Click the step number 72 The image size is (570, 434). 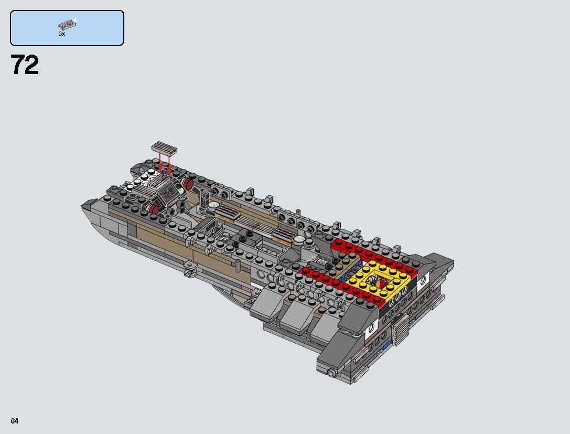pyautogui.click(x=25, y=66)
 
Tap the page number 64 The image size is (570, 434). pyautogui.click(x=14, y=421)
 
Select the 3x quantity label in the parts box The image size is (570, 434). pyautogui.click(x=61, y=34)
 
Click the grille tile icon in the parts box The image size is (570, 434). pyautogui.click(x=67, y=24)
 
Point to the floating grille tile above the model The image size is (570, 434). pyautogui.click(x=164, y=147)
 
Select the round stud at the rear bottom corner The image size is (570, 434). pyautogui.click(x=331, y=373)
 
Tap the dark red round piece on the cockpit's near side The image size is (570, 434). pyautogui.click(x=154, y=210)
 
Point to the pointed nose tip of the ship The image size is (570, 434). pyautogui.click(x=84, y=206)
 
